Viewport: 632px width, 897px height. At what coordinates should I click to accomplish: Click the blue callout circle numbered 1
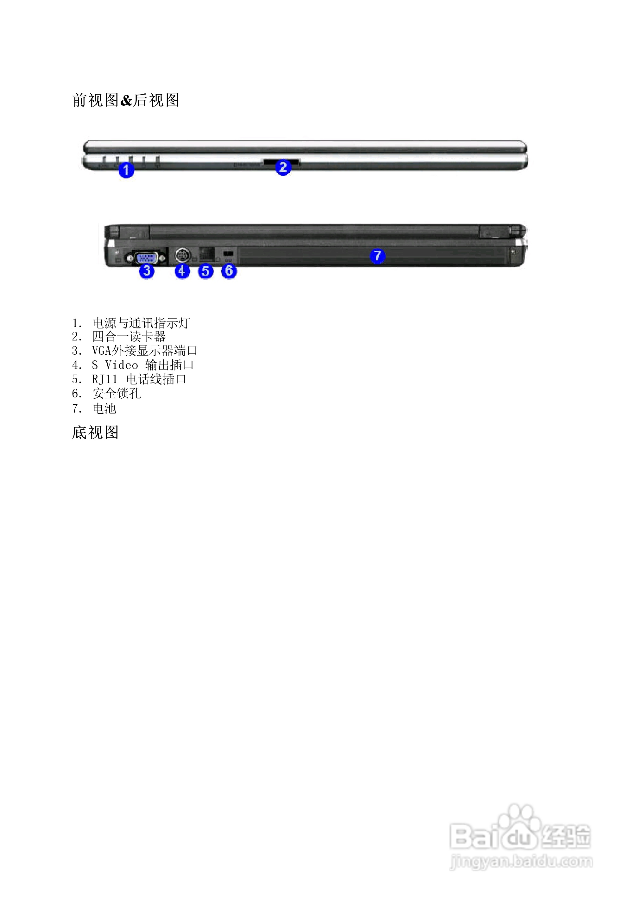click(x=126, y=170)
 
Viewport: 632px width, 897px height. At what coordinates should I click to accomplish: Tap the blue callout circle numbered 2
click(x=283, y=168)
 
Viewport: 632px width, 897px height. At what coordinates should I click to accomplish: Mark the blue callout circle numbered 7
click(x=377, y=256)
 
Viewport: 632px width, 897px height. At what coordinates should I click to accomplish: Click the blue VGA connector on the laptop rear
click(x=147, y=258)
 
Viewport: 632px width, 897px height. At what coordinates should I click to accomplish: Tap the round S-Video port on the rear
click(x=182, y=256)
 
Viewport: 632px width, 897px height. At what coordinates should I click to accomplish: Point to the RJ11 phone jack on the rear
click(x=206, y=254)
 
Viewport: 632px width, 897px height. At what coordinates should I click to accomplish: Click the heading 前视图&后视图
click(x=126, y=100)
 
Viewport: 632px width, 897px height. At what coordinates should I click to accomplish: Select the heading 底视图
click(x=95, y=433)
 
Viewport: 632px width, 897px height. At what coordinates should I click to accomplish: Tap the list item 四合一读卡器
click(x=129, y=336)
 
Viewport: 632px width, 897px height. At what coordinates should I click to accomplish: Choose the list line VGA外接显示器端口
click(x=145, y=351)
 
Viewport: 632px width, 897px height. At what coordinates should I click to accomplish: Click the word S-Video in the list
click(x=115, y=365)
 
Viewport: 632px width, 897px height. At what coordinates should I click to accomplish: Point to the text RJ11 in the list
click(x=104, y=379)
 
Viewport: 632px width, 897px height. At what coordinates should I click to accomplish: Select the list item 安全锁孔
click(x=117, y=393)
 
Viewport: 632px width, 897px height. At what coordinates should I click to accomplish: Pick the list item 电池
click(x=104, y=408)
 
